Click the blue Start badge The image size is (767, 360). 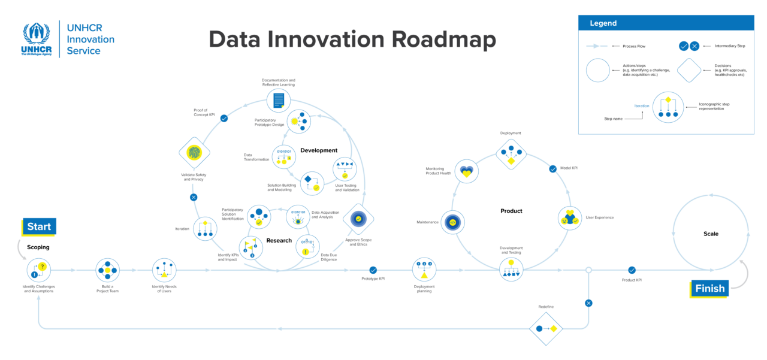40,227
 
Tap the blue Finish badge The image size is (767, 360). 709,289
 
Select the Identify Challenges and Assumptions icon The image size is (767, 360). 39,270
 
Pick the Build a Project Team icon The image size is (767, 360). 108,270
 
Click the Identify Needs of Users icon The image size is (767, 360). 164,270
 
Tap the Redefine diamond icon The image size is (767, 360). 546,328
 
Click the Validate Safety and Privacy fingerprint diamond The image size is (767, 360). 194,153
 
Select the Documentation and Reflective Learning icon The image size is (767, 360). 279,100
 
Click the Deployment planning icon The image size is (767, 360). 424,270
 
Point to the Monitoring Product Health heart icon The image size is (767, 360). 466,171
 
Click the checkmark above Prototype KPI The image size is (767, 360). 373,270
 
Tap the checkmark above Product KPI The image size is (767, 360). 632,270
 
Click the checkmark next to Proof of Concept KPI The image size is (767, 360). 224,119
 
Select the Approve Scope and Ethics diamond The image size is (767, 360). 358,219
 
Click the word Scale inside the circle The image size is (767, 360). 711,234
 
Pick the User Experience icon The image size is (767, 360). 569,218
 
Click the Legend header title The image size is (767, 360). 603,23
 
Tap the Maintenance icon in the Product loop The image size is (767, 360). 453,222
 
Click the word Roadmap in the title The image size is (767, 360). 444,40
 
